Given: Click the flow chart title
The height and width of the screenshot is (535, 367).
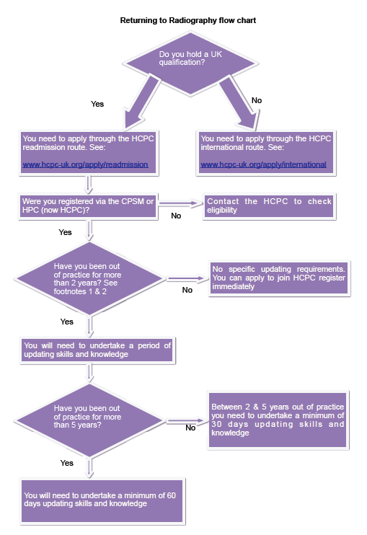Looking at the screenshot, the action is point(188,20).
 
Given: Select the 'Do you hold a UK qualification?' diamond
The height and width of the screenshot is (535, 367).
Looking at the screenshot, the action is point(190,63).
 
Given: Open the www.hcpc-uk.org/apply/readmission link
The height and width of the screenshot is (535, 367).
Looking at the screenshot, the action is point(85,164).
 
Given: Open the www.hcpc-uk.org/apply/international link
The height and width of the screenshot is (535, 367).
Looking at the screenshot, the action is point(263,164).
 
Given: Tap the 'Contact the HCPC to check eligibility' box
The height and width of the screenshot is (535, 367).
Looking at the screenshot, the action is point(269,206).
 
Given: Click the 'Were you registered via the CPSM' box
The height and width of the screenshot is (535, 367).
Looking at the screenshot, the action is point(88,206).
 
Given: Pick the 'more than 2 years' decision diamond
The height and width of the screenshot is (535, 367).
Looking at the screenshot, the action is point(89,278).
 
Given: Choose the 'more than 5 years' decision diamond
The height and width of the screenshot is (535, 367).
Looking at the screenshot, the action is point(89,420).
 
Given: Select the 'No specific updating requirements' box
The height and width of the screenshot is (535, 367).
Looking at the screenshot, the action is point(279,278).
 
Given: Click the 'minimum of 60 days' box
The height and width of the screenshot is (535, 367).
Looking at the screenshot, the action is point(102,500).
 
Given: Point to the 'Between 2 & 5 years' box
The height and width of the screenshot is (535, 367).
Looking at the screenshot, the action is point(278,420).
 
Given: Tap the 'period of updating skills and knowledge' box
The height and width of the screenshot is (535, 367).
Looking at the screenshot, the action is point(97,350).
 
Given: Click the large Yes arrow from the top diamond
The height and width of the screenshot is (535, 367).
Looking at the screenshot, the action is point(141,103).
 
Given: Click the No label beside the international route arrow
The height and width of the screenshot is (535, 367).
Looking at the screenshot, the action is point(257,100).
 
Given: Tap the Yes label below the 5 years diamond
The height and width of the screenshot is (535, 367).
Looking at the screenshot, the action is point(67,463).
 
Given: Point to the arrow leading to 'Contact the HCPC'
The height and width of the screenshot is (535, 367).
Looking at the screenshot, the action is point(181,204).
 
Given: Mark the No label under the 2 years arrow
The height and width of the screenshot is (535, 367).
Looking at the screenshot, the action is point(187,290).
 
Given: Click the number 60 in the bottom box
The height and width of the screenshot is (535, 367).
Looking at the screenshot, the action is point(172,495).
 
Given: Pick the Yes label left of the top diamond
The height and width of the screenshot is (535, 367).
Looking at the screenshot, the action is point(97,104).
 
